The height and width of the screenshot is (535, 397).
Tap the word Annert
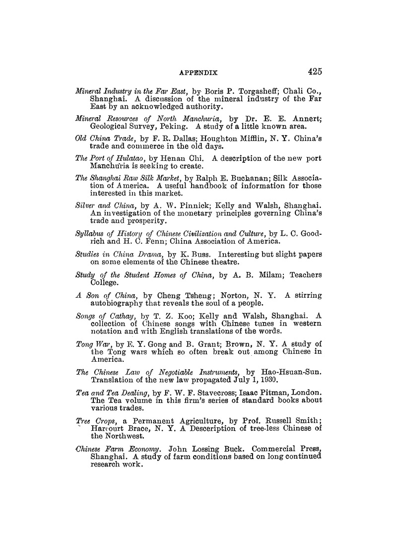tap(307, 119)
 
